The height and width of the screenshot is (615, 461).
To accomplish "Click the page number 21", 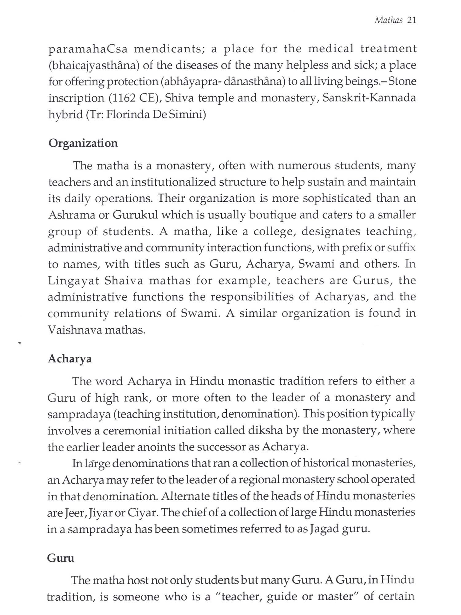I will [x=411, y=20].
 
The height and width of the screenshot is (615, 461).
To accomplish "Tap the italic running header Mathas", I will [x=388, y=20].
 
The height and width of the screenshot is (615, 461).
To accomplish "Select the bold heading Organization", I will [x=83, y=143].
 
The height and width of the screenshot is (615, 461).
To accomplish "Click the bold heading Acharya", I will [x=70, y=359].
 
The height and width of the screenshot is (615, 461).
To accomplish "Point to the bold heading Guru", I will [x=61, y=558].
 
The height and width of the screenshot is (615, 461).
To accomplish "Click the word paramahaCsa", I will [x=88, y=49].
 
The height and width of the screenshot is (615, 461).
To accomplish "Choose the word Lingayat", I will [x=73, y=281].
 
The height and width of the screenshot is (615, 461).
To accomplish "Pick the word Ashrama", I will [x=71, y=215].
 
